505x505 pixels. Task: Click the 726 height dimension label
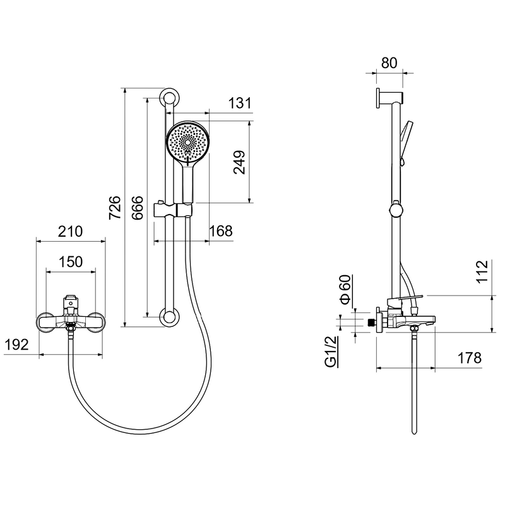click(115, 208)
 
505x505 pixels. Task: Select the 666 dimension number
click(138, 208)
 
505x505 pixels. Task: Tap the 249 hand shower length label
click(239, 162)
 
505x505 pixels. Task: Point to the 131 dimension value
click(240, 104)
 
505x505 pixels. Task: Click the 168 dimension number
click(221, 231)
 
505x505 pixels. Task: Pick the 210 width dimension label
click(70, 232)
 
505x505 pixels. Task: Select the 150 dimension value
click(71, 262)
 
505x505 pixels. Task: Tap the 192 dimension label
click(17, 345)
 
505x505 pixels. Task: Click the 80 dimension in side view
click(389, 63)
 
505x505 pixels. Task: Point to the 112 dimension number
click(482, 272)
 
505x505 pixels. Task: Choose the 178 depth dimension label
click(470, 358)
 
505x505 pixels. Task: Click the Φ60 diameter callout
click(345, 289)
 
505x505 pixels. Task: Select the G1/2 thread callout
click(331, 351)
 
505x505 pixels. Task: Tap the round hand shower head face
click(187, 143)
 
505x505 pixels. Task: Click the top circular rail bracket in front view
click(169, 98)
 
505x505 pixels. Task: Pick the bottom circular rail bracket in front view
click(169, 317)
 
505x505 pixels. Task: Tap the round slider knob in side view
click(396, 210)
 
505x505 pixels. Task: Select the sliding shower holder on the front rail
click(173, 210)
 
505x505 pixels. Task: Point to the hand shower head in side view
click(407, 134)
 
